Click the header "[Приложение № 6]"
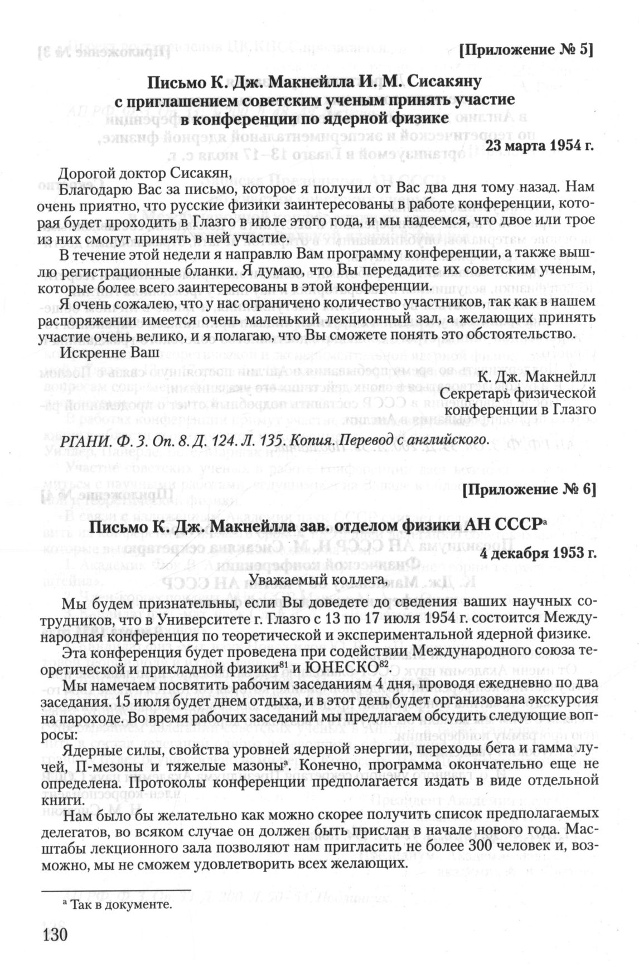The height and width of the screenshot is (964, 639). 529,490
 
